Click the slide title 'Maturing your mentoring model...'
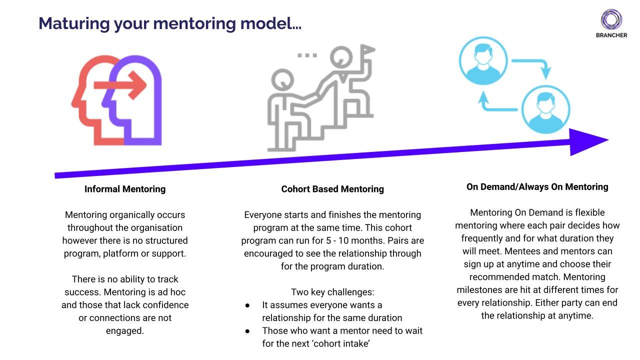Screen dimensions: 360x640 coord(170,23)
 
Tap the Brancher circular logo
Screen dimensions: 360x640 coord(611,19)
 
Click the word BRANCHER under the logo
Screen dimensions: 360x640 coord(611,35)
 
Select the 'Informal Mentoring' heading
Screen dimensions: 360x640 coord(125,189)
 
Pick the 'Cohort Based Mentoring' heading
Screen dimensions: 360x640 coord(332,189)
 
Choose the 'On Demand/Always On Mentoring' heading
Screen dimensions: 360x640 coord(537,187)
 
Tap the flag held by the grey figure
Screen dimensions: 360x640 coord(367,50)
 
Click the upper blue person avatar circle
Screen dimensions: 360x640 coord(483,62)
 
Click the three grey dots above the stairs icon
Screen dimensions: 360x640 coord(307,55)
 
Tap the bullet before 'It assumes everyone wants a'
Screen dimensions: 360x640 coord(247,305)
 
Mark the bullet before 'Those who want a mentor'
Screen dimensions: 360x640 coord(247,331)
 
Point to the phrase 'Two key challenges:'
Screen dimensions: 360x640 coord(332,292)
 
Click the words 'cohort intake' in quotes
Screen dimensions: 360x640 coord(341,344)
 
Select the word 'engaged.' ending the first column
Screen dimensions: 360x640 coord(125,331)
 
